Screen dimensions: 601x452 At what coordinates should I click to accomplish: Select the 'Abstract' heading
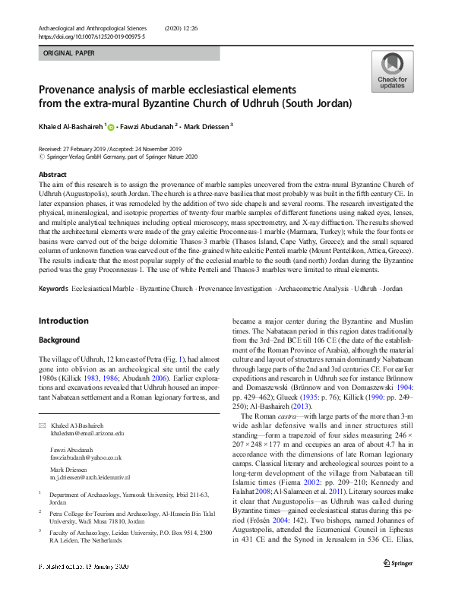coord(52,175)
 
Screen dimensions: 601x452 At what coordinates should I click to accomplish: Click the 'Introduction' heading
coord(63,321)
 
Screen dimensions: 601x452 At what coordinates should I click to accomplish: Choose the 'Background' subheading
coord(60,339)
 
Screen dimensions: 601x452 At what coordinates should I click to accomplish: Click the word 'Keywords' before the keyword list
coord(53,268)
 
